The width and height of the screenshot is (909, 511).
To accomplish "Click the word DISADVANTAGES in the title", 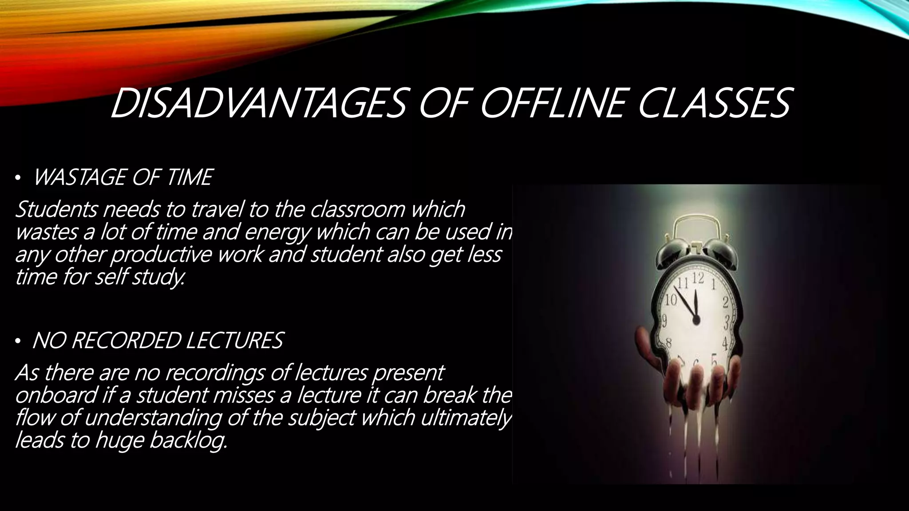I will coord(257,103).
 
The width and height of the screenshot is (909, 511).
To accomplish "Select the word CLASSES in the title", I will coord(714,103).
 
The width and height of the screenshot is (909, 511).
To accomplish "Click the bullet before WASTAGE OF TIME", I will coord(17,179).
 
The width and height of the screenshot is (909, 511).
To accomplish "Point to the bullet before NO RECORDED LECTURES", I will coord(17,342).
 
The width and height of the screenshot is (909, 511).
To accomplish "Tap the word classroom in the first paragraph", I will coord(358,209).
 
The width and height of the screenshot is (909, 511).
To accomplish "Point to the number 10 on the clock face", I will coord(670,301).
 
